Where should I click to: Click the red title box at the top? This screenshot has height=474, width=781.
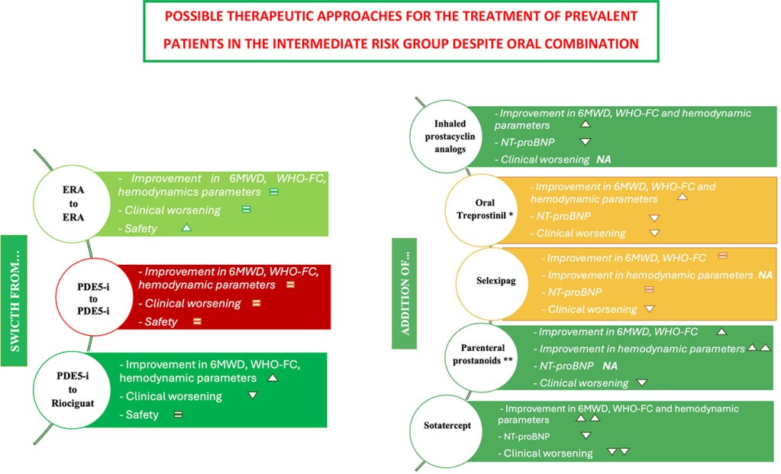[x=402, y=31]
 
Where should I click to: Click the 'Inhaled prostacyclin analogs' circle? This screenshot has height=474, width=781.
[x=450, y=135]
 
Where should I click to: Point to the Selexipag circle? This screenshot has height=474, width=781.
[x=496, y=281]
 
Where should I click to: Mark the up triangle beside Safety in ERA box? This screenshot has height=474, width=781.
[x=186, y=227]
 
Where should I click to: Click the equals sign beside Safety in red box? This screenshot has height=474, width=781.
[x=197, y=321]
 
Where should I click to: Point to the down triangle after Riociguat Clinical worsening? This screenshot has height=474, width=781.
[x=253, y=395]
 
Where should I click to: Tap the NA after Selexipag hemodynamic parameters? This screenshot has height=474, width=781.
[x=765, y=274]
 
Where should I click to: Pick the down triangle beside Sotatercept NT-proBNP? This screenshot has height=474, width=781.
[x=586, y=435]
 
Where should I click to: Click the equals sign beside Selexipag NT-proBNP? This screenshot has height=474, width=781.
[x=650, y=290]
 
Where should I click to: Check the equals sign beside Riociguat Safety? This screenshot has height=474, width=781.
[x=178, y=414]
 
